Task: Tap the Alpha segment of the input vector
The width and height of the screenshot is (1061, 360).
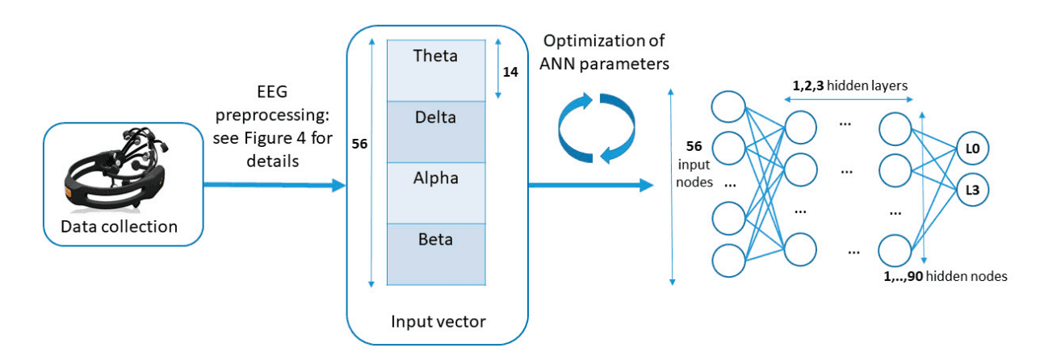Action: (435, 191)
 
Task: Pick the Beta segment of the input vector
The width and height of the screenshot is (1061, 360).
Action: (435, 252)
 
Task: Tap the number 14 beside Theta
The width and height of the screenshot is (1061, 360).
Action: (511, 71)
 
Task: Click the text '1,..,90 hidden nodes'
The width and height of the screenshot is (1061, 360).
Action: (946, 276)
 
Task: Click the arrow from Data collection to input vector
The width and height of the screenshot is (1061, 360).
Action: (275, 187)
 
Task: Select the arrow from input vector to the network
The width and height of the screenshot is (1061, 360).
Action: (589, 187)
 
